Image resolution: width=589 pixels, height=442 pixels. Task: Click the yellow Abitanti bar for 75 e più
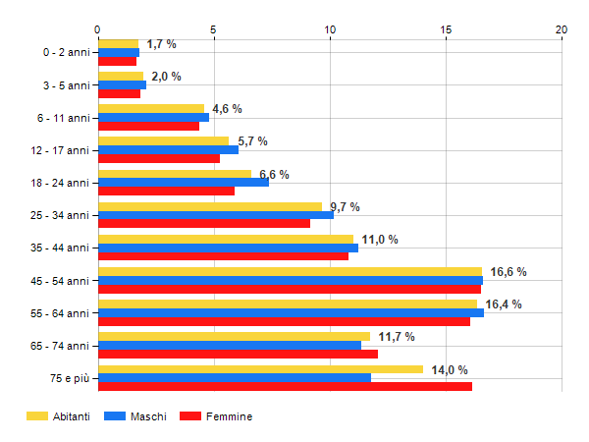pyautogui.click(x=260, y=369)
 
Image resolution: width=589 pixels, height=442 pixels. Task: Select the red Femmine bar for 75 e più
pyautogui.click(x=285, y=386)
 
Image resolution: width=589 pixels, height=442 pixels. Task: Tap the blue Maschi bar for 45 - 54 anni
pyautogui.click(x=291, y=280)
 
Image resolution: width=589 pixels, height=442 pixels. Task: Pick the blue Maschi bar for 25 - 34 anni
pyautogui.click(x=216, y=215)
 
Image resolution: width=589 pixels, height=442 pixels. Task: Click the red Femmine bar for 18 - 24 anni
pyautogui.click(x=166, y=191)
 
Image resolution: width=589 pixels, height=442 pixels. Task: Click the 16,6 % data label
pyautogui.click(x=509, y=272)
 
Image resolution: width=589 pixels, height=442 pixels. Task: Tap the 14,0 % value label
pyautogui.click(x=450, y=370)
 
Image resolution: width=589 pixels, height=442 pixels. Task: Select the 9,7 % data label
pyautogui.click(x=345, y=207)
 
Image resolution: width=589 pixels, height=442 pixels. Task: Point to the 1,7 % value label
pyautogui.click(x=161, y=44)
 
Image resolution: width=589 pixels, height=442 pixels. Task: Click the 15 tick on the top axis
pyautogui.click(x=446, y=29)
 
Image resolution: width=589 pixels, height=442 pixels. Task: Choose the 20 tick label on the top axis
pyautogui.click(x=562, y=29)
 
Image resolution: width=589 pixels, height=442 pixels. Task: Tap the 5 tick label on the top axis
pyautogui.click(x=214, y=29)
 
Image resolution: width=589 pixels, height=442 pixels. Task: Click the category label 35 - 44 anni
pyautogui.click(x=62, y=248)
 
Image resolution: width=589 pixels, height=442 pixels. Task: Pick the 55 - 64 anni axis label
pyautogui.click(x=62, y=312)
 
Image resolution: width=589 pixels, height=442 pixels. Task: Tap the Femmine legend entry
pyautogui.click(x=229, y=416)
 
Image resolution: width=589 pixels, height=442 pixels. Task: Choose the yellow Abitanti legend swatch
pyautogui.click(x=38, y=416)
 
